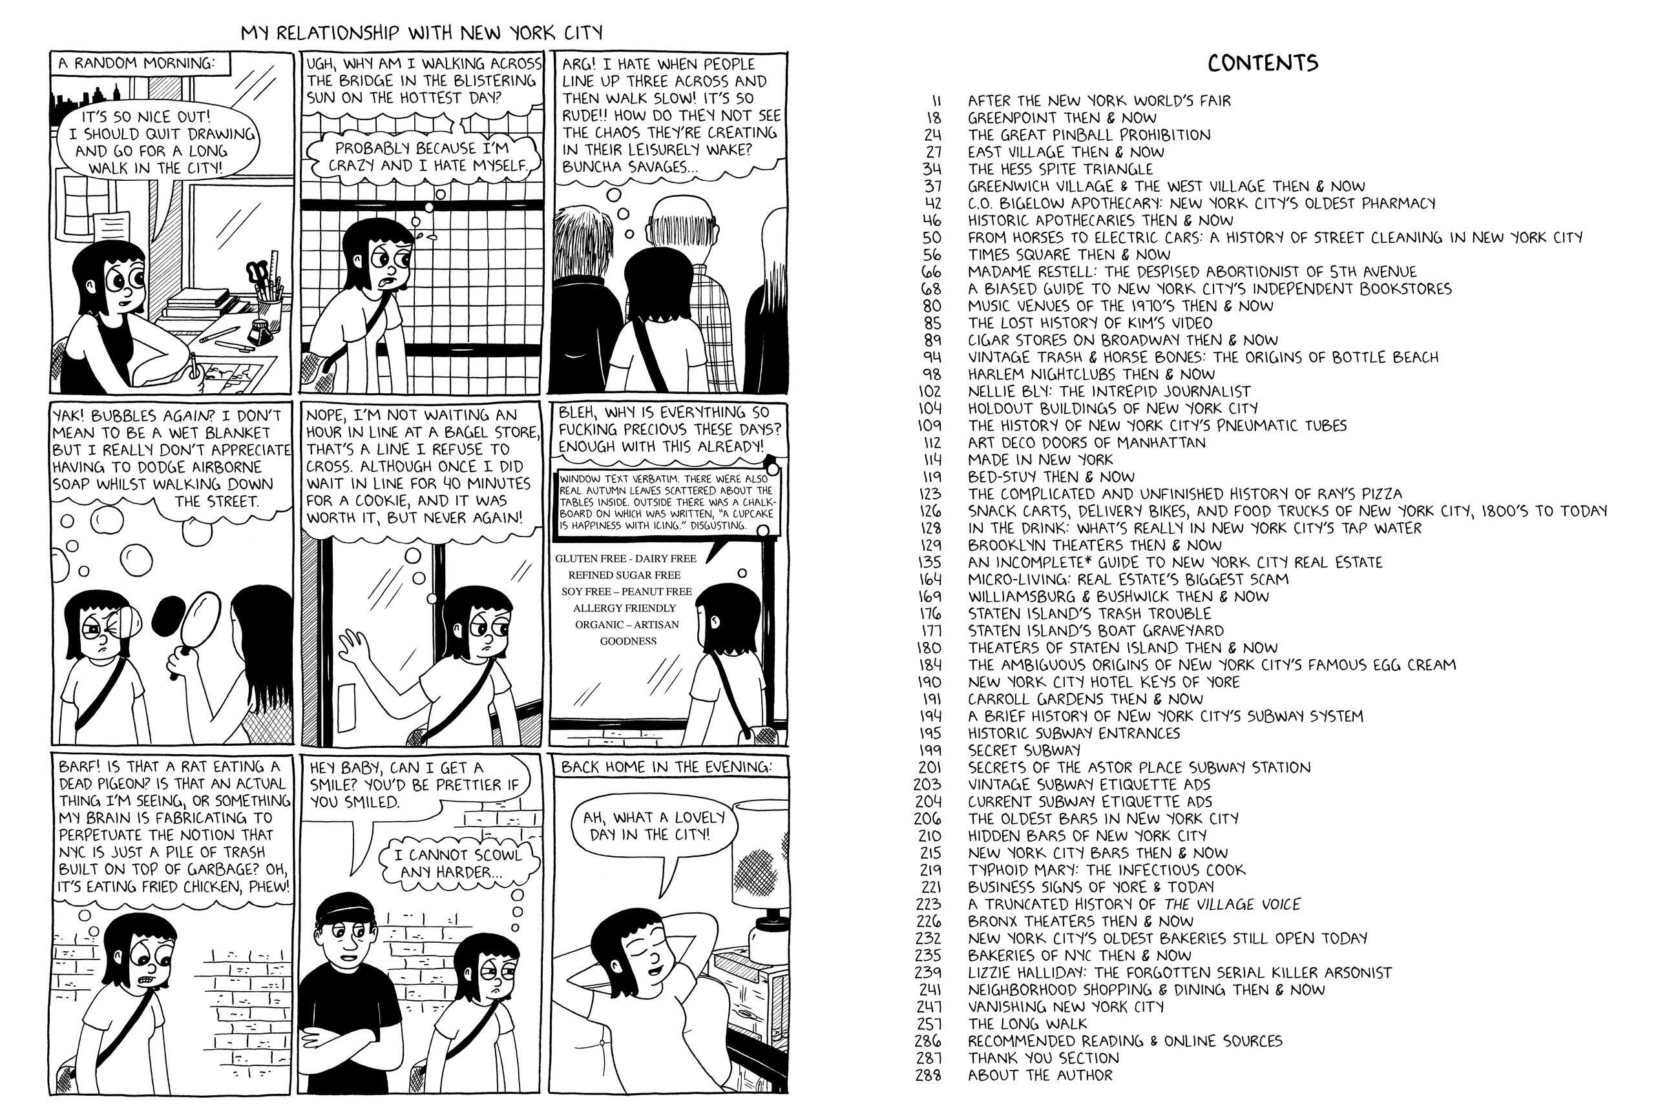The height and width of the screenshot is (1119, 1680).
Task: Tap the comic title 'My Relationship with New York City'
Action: (421, 34)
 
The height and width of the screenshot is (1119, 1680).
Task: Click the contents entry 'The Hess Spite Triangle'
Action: (1060, 169)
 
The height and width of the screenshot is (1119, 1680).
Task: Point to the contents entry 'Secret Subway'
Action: (1024, 750)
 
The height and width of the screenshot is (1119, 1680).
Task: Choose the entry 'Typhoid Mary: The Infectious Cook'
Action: (1106, 870)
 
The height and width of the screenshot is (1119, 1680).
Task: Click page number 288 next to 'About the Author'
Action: (928, 1074)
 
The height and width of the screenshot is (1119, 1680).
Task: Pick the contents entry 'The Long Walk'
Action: (1027, 1023)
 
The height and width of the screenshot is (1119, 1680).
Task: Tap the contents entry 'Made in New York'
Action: (1040, 460)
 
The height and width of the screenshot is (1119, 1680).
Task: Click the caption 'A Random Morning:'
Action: (136, 63)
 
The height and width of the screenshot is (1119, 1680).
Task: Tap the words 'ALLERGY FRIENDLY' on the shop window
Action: (624, 608)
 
